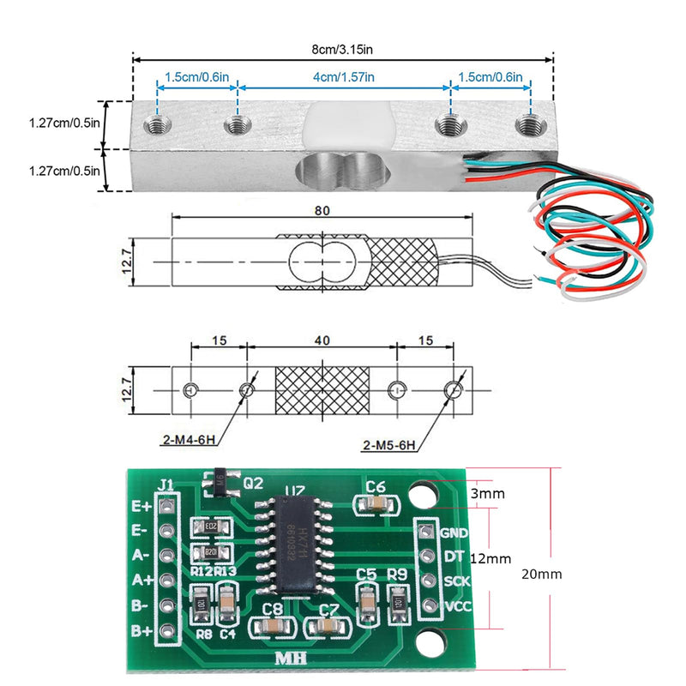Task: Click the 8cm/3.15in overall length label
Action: coord(343,49)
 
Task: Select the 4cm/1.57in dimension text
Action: coord(343,77)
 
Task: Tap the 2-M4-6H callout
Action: coord(190,442)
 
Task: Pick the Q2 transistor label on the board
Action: coord(253,483)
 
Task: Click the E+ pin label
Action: coord(141,506)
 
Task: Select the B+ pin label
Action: coord(141,631)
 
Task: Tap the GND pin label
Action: coord(454,532)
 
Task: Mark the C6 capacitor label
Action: coord(375,487)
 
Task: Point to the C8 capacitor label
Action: coord(273,609)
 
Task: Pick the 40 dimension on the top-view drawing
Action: coord(322,340)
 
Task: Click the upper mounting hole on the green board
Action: coord(421,495)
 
